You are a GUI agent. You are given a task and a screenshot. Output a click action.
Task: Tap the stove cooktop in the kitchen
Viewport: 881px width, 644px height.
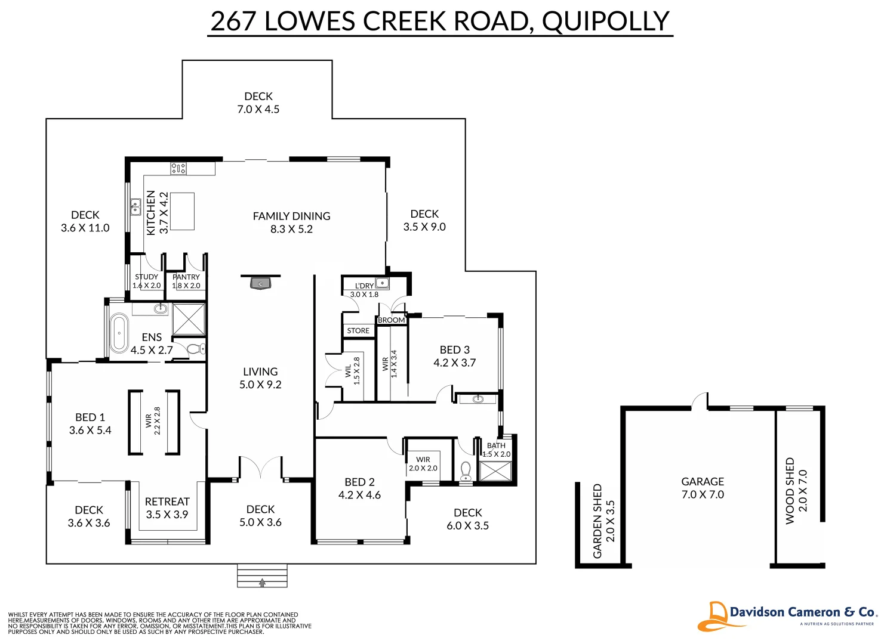coord(178,169)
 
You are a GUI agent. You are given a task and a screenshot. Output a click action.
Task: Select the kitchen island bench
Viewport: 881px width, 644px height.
coord(182,212)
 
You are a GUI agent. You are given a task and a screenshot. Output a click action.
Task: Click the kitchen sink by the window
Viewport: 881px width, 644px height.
coord(135,207)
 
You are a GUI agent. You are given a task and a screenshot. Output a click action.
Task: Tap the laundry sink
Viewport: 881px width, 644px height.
coord(382,283)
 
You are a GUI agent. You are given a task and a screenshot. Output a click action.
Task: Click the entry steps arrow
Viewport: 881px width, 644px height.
coord(262,583)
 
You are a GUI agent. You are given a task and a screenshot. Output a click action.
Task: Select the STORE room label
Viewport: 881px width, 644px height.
coord(358,330)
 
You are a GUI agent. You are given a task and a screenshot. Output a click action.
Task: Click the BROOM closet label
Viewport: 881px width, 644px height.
coord(391,320)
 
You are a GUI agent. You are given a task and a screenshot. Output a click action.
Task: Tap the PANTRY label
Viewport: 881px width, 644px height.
coord(186,277)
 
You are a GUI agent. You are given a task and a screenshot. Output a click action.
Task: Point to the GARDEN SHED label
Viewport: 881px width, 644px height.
coord(597,521)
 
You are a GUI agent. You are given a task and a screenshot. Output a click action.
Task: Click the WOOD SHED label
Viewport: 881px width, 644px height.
coord(790,491)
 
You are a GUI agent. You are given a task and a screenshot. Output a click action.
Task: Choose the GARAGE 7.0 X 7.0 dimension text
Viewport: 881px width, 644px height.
coord(703,494)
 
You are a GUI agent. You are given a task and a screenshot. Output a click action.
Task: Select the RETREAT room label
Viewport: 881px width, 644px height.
coord(167,501)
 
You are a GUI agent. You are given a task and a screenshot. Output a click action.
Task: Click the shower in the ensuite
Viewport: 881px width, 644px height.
coord(189,319)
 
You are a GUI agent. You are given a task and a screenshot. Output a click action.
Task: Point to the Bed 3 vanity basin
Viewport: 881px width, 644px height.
coord(478,399)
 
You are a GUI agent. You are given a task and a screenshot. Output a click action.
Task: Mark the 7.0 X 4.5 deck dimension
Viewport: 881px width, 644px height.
coord(258,109)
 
